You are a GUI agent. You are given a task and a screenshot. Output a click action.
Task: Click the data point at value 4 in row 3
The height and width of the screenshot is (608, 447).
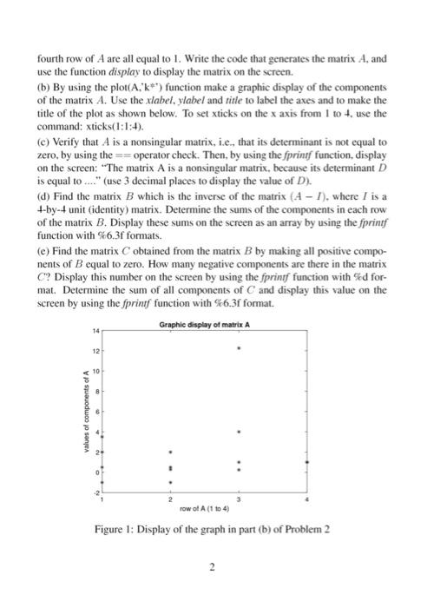click(240, 431)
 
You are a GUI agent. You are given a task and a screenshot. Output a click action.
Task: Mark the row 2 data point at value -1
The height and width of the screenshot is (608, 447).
click(170, 481)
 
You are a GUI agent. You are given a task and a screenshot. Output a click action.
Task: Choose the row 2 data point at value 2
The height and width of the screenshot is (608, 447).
click(170, 453)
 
